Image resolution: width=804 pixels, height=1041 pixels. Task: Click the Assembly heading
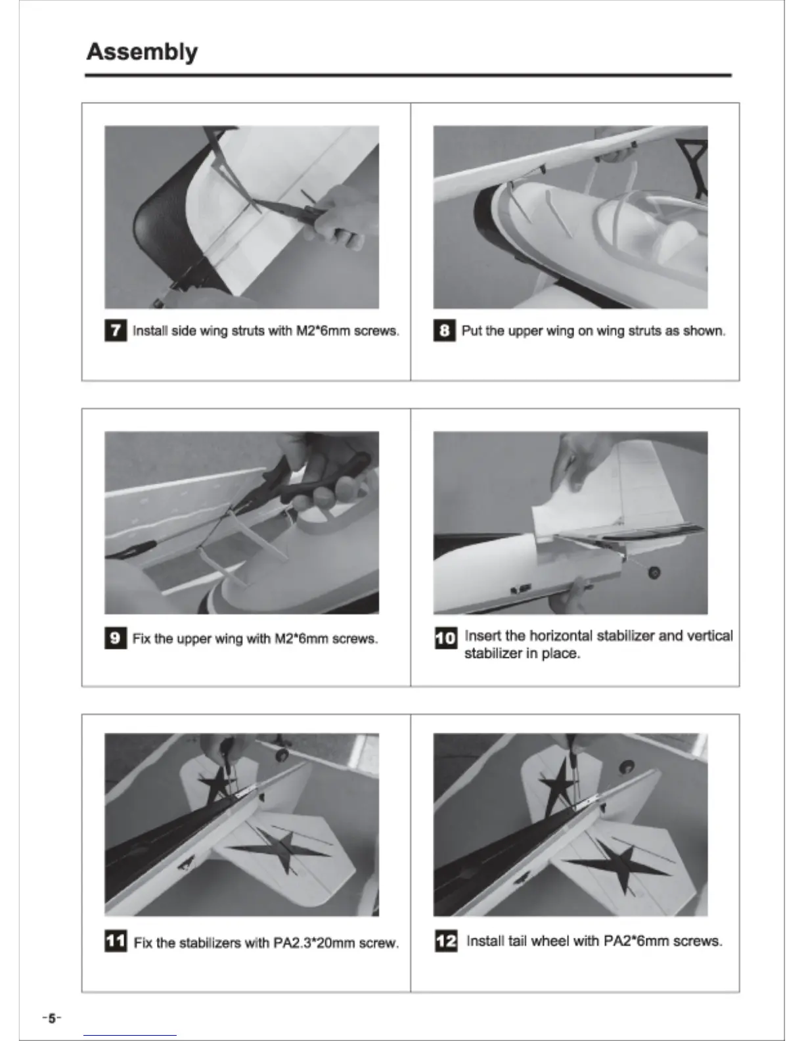point(142,52)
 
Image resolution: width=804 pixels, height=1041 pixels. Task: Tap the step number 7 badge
point(116,331)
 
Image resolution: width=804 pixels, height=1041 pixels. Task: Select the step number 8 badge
point(445,331)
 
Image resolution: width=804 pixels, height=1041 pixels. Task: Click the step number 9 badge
point(116,638)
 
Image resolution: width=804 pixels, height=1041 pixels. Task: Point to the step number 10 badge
point(446,638)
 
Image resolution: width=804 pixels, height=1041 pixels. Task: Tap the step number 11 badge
point(116,941)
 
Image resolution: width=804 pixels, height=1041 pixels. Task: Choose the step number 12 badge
point(446,941)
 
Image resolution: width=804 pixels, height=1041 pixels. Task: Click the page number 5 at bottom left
point(52,1018)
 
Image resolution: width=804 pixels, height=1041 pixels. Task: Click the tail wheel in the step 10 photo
point(654,572)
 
